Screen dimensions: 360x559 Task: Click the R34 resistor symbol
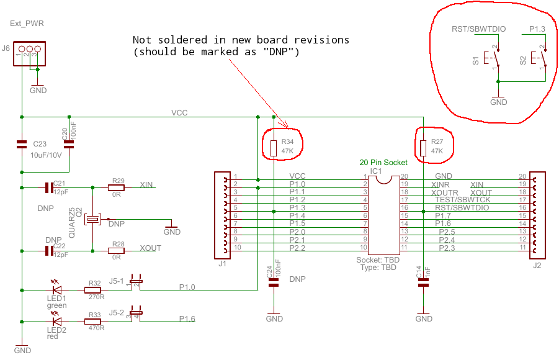click(x=274, y=148)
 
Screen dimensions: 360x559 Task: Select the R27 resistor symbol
click(x=423, y=148)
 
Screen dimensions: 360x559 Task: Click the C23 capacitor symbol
click(x=22, y=144)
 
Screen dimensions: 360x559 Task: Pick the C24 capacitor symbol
click(x=274, y=282)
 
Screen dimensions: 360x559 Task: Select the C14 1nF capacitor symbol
click(x=423, y=282)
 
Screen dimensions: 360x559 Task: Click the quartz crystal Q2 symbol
click(x=92, y=218)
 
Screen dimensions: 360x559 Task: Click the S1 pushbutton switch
click(x=495, y=60)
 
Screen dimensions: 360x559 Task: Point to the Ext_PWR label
click(x=27, y=24)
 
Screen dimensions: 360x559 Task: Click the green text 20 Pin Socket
click(x=383, y=162)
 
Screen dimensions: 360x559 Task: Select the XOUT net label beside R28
click(x=150, y=248)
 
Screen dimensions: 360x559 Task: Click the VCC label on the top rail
click(x=179, y=112)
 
